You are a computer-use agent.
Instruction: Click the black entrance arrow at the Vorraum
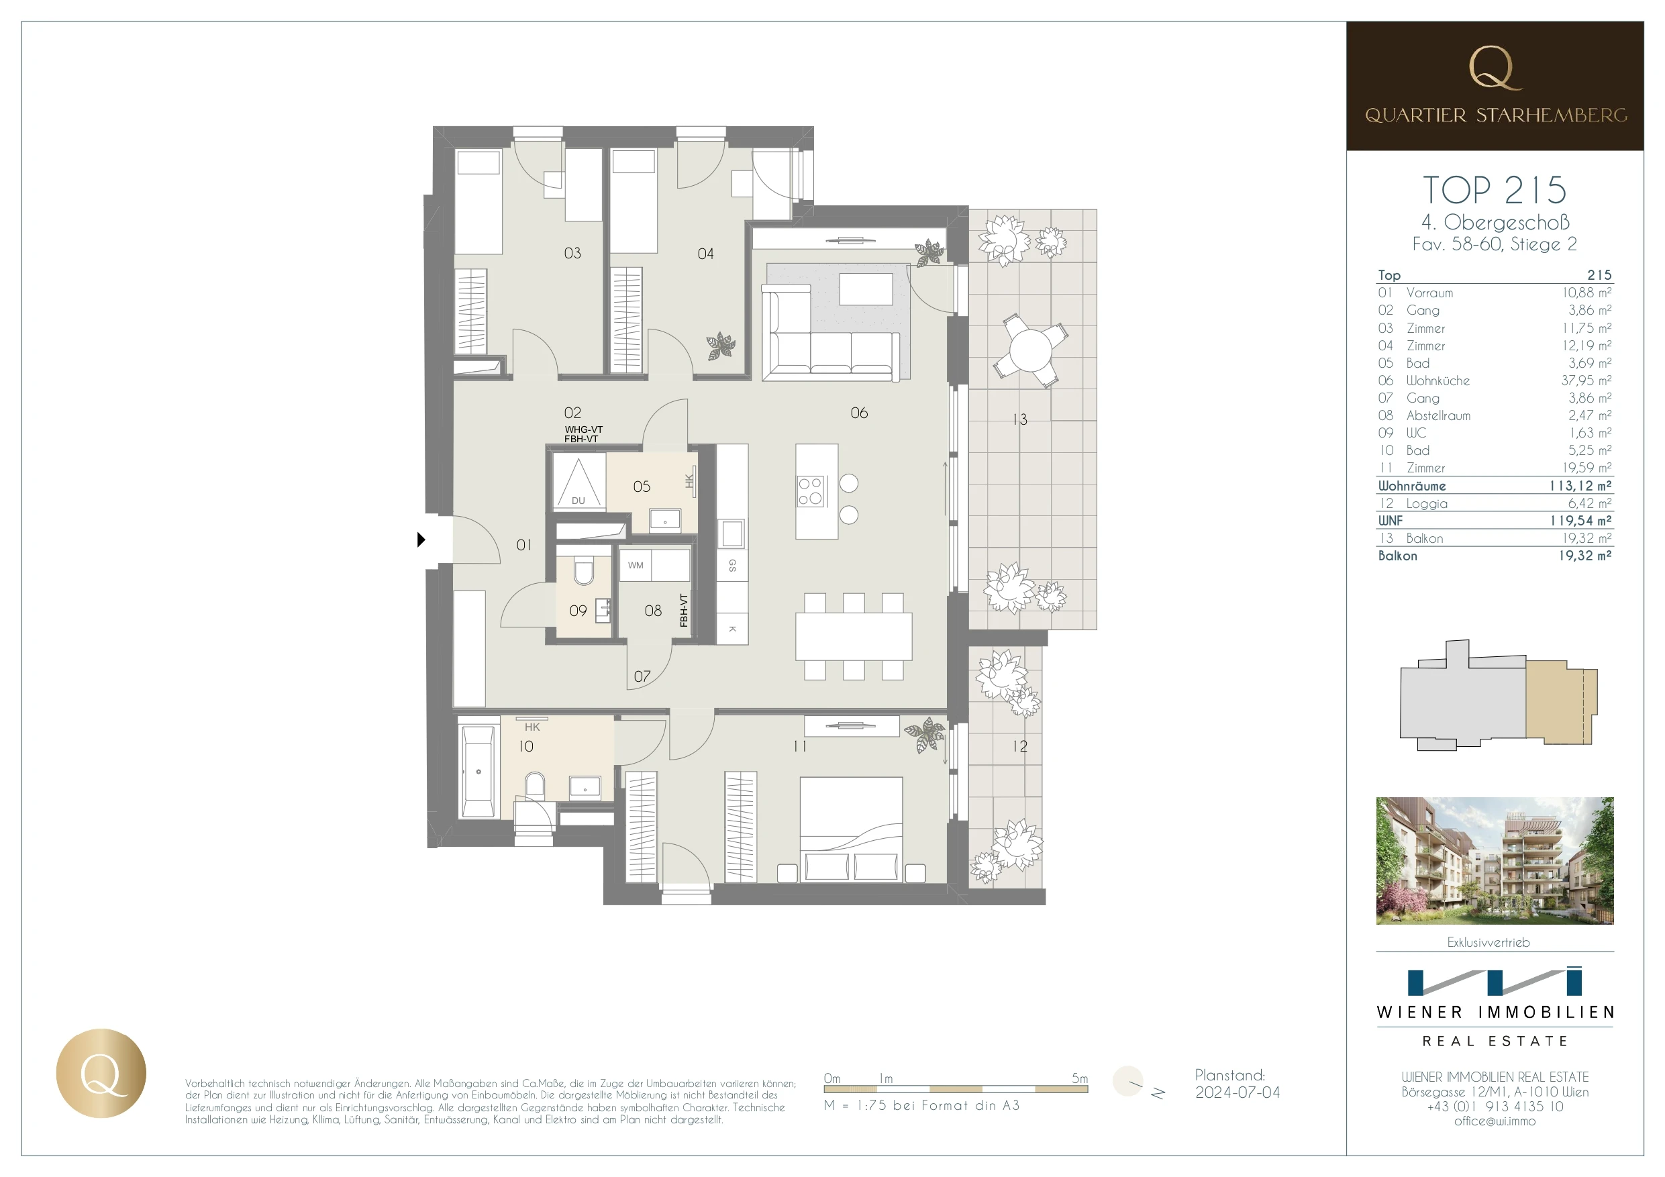click(x=421, y=540)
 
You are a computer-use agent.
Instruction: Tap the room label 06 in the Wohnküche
click(x=858, y=413)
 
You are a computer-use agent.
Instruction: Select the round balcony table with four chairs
click(x=1029, y=350)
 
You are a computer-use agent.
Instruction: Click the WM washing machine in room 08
click(x=636, y=565)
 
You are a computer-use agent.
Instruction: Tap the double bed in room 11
click(x=851, y=829)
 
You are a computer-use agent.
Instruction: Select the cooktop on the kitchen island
click(x=811, y=491)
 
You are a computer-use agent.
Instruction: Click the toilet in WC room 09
click(x=583, y=572)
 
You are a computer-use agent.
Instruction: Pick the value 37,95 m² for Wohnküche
click(x=1586, y=380)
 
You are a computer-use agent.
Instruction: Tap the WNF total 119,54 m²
click(x=1580, y=521)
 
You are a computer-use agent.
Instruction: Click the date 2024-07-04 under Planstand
click(x=1237, y=1092)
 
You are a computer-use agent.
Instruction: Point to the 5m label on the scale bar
click(x=1079, y=1078)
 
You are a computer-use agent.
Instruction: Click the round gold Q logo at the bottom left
click(x=101, y=1072)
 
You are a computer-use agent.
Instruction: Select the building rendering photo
click(x=1494, y=860)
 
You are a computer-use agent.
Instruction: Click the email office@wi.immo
click(x=1494, y=1121)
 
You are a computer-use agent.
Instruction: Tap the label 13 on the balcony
click(x=1019, y=419)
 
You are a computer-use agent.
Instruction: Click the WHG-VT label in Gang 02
click(x=583, y=429)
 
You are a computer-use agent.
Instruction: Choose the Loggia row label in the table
click(x=1425, y=503)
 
